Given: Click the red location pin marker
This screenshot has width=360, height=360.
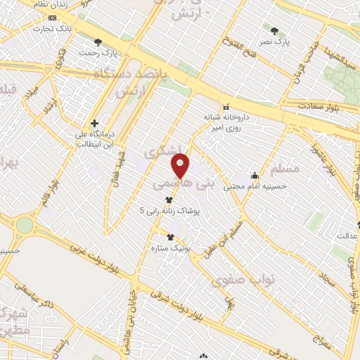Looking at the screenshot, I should [181, 166].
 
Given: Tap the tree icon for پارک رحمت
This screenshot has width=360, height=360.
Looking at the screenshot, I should [98, 42].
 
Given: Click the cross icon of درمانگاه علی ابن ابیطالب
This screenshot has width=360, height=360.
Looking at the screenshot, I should [94, 123].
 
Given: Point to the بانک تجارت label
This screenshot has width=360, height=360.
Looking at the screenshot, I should [55, 29].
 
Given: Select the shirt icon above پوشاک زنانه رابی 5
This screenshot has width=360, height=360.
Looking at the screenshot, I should [168, 200].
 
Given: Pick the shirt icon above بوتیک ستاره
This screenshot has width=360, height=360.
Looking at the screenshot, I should [169, 237].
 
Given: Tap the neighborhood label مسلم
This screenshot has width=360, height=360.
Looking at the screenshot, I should [285, 168].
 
